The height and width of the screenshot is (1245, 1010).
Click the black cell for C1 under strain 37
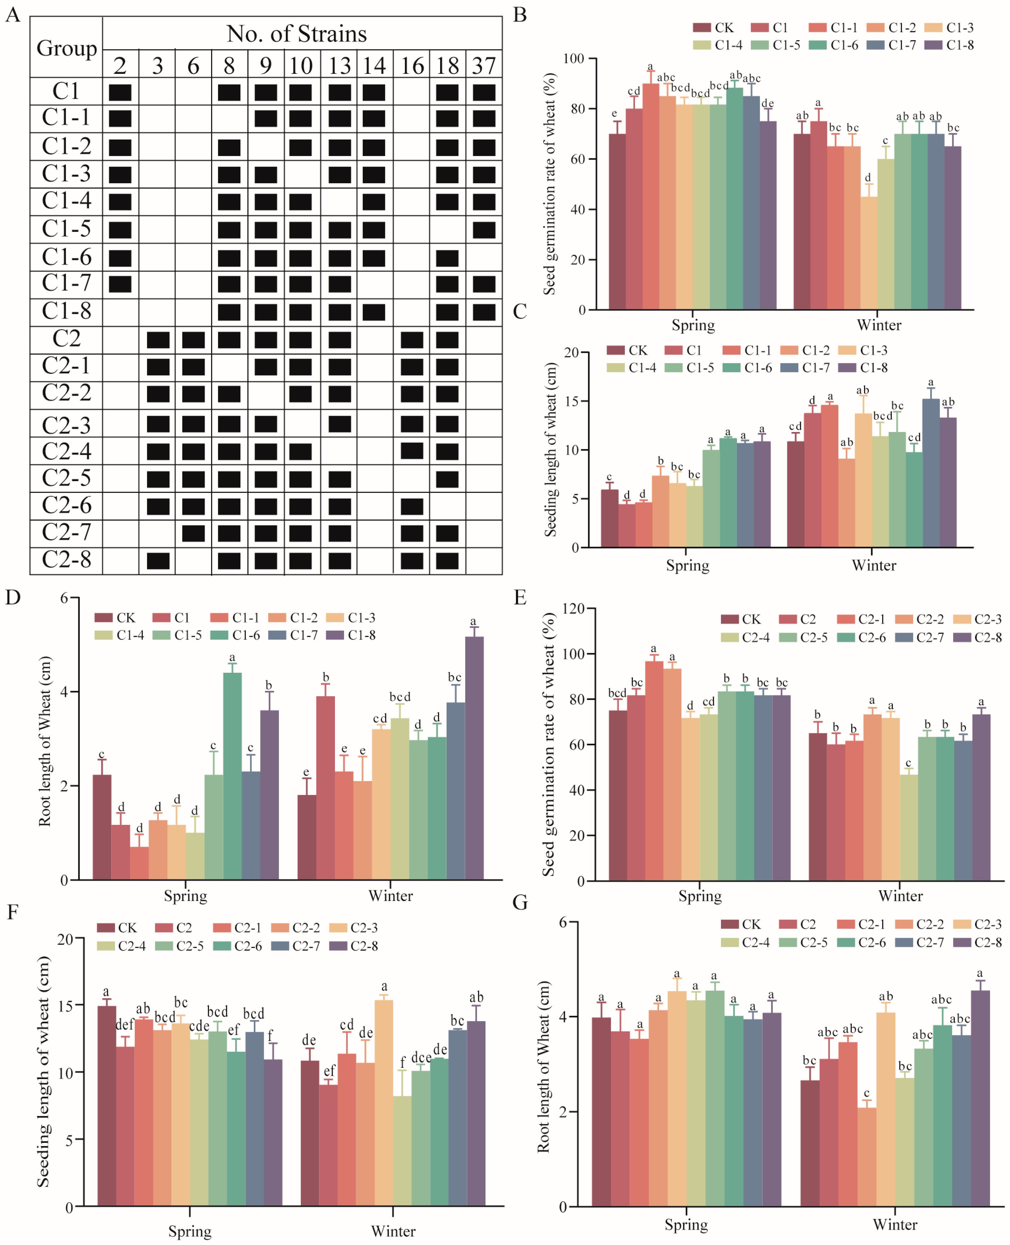click(x=484, y=92)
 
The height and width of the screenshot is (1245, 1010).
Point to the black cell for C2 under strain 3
click(x=158, y=340)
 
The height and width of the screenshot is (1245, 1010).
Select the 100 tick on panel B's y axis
click(x=575, y=59)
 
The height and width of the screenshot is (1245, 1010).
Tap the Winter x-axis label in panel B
click(x=878, y=325)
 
